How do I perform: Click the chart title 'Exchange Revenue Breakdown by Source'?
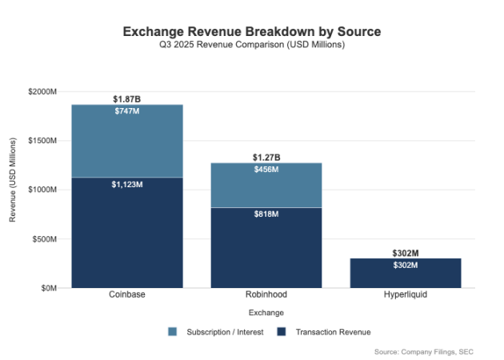click(x=251, y=31)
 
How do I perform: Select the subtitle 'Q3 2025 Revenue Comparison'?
click(x=251, y=45)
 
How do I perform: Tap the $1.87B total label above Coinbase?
click(x=126, y=98)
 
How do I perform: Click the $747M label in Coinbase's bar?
click(x=126, y=111)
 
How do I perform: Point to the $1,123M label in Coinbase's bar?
click(x=126, y=184)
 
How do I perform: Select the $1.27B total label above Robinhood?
click(x=266, y=157)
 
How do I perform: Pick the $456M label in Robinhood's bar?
click(x=266, y=170)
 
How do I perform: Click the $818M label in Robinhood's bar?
click(x=266, y=214)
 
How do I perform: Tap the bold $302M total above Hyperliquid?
click(x=405, y=253)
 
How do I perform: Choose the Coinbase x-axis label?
click(x=126, y=295)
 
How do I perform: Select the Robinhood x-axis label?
click(x=266, y=295)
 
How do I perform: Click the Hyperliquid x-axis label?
click(x=405, y=295)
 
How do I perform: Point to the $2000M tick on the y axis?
click(x=42, y=92)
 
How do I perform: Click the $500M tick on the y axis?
click(x=45, y=239)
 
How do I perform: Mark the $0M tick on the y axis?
click(x=49, y=288)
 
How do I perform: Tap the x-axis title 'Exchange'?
click(x=266, y=312)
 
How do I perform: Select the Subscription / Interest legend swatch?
click(x=173, y=331)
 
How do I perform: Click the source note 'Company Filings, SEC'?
click(x=432, y=351)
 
